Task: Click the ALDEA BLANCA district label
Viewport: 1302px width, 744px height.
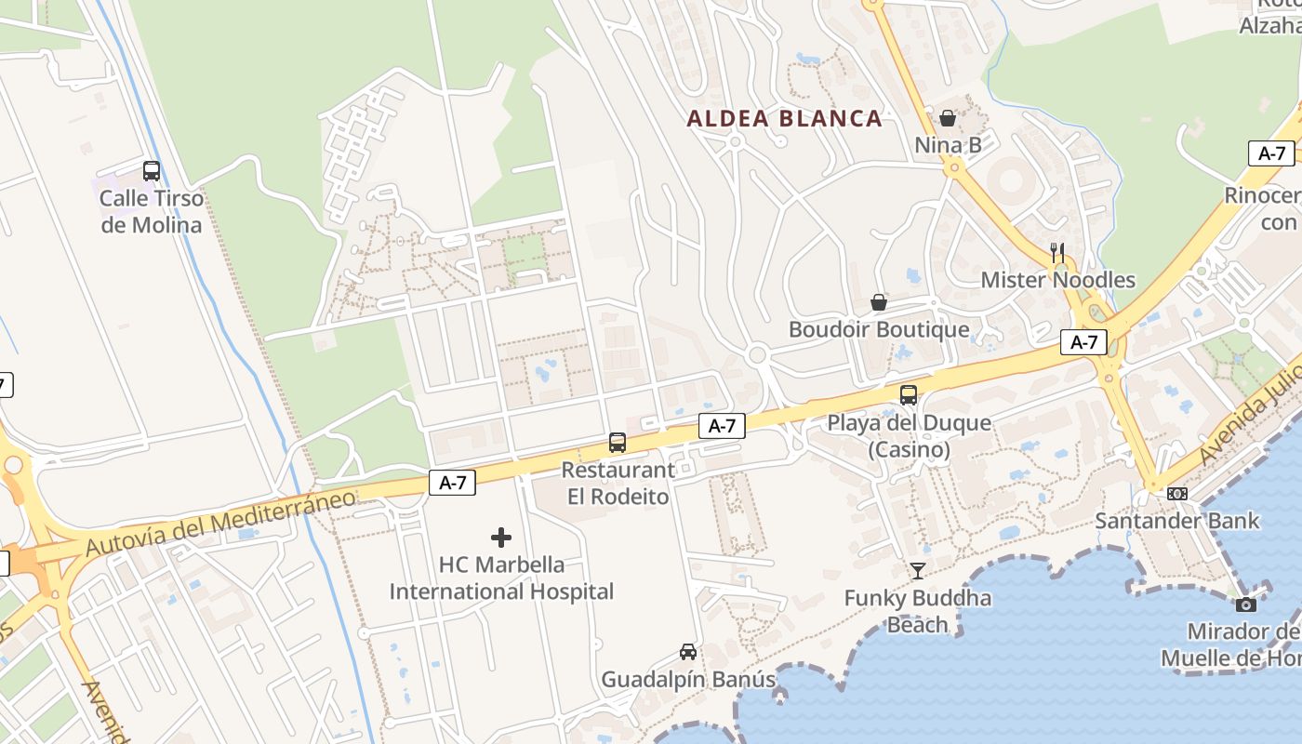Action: coord(784,118)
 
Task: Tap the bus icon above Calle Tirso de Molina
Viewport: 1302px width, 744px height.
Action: coord(152,171)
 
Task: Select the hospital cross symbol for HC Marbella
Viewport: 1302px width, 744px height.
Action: coord(501,538)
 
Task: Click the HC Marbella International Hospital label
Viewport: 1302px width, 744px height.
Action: coord(501,578)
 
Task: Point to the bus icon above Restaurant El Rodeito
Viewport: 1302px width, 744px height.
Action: coord(618,443)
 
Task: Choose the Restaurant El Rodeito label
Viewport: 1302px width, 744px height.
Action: coord(618,484)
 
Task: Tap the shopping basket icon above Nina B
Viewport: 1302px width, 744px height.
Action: coord(948,118)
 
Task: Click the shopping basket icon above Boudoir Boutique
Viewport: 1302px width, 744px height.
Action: coord(878,302)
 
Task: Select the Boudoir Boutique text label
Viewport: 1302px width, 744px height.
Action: coord(878,329)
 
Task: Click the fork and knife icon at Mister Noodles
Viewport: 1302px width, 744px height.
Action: coord(1057,252)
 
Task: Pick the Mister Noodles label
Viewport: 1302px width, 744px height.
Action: coord(1057,280)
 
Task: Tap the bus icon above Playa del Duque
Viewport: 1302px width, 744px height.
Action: coord(909,395)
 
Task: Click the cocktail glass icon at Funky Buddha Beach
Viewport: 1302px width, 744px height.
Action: coord(918,571)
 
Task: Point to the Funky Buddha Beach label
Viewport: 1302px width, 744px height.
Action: coord(917,611)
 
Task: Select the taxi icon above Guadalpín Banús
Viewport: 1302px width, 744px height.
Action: coord(688,652)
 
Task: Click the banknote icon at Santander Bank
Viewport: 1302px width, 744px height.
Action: coord(1177,494)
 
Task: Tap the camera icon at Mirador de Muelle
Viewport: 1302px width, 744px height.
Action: coord(1246,604)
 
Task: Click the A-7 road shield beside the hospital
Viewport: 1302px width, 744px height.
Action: coord(453,483)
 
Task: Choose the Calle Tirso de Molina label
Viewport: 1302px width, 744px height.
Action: coord(151,211)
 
